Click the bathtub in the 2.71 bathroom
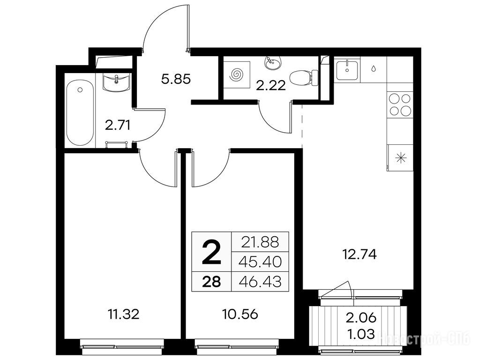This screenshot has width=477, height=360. tap(80, 113)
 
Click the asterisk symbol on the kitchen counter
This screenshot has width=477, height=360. tap(401, 158)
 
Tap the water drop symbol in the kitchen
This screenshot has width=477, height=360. tap(373, 68)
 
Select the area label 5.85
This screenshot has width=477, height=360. tap(176, 79)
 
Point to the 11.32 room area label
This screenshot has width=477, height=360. tap(124, 314)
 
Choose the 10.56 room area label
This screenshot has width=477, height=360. tap(240, 314)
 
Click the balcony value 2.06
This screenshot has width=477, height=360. tap(361, 318)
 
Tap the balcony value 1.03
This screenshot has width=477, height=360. tap(361, 334)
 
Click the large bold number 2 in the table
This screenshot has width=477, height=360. tap(211, 251)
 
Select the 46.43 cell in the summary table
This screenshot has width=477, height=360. tap(260, 282)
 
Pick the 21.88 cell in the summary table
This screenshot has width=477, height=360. tap(260, 242)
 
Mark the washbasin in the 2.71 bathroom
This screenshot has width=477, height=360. tap(117, 82)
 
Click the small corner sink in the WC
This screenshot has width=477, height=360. tap(273, 63)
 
